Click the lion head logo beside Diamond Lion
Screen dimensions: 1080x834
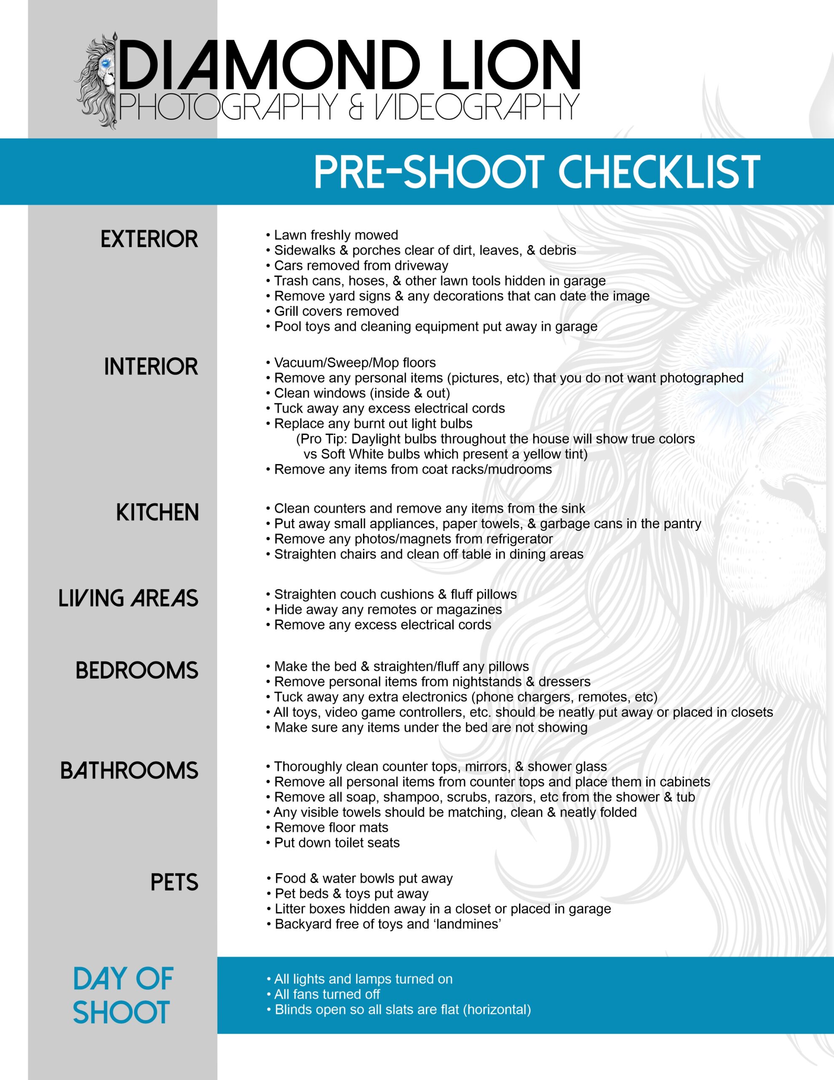point(97,81)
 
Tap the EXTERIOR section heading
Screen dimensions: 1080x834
point(149,239)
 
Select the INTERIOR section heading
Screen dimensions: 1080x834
point(151,367)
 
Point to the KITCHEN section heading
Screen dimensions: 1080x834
point(157,512)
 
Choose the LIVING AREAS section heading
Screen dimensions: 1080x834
point(129,598)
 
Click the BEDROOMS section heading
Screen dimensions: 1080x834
point(137,670)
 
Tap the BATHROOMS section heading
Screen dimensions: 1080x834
point(129,771)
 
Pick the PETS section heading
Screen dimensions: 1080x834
point(174,883)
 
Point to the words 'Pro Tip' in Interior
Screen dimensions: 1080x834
point(322,439)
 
